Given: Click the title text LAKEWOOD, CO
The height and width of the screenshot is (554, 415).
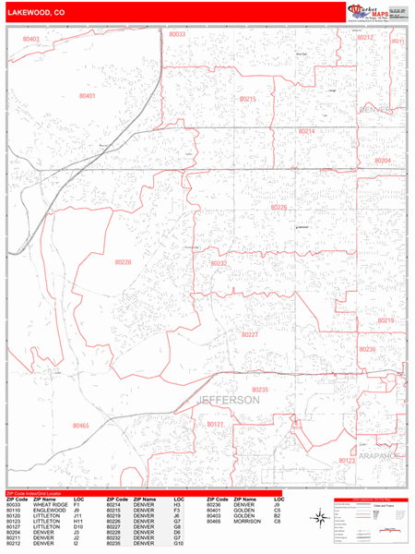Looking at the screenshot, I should point(34,12).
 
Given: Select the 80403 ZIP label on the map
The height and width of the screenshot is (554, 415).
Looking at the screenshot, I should point(31,40).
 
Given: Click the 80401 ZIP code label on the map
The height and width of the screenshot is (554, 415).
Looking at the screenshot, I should point(88,96).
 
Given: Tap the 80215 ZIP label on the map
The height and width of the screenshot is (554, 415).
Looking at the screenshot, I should point(247,99).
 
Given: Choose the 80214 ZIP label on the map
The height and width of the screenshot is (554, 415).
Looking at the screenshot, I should point(306,132).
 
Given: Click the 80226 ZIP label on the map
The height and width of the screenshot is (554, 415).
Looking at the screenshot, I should point(279,208).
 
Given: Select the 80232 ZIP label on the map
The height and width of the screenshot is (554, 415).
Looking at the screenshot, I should point(219,263).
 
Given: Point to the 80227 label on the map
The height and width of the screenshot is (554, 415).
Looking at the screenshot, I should point(249,335).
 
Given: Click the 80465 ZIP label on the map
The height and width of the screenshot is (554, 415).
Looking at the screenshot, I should point(80,426).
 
